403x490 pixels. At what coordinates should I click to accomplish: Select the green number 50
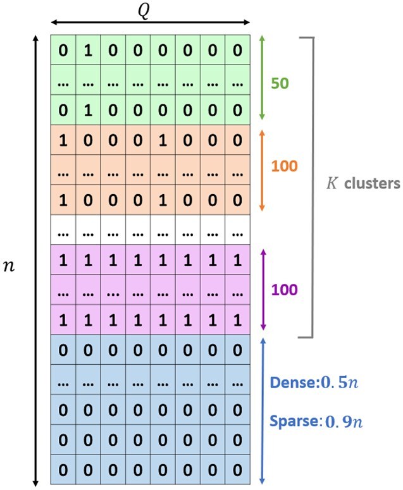tap(280, 82)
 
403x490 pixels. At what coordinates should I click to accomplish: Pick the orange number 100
tap(285, 167)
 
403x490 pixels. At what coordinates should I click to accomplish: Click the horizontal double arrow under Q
tap(151, 23)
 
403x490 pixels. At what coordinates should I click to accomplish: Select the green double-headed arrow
tap(262, 78)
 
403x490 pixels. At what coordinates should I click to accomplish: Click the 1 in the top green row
tap(88, 51)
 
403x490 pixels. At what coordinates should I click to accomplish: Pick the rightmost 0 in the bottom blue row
tap(238, 470)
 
